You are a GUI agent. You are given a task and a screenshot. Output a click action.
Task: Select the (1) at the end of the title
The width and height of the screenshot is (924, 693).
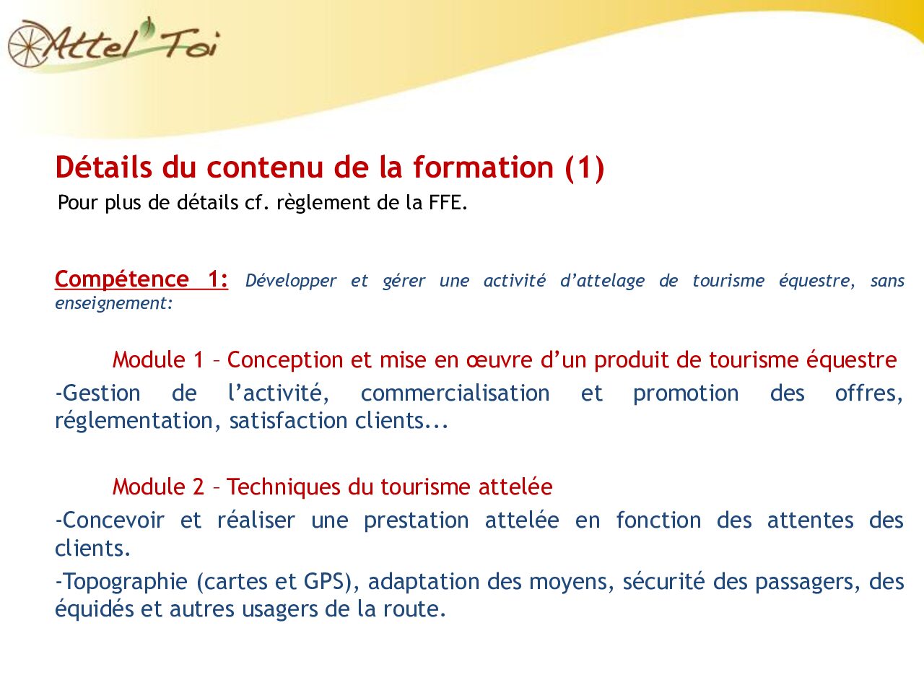click(x=585, y=167)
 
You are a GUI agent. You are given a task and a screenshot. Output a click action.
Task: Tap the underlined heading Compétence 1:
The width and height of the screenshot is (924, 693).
click(x=141, y=279)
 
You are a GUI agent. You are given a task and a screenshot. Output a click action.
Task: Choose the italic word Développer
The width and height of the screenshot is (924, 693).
click(x=291, y=281)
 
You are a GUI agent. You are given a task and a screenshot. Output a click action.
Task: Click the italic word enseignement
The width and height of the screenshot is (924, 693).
click(x=113, y=303)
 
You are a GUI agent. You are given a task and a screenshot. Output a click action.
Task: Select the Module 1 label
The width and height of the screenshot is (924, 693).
click(x=158, y=359)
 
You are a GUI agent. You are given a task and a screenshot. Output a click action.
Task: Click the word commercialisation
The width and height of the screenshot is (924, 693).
click(x=455, y=393)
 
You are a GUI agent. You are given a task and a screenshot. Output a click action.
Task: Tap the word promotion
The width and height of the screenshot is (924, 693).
click(x=686, y=393)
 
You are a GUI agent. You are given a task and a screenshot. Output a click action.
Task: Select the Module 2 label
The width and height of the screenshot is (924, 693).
click(x=158, y=487)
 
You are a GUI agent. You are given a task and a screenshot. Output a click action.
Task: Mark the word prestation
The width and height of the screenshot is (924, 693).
click(x=416, y=520)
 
